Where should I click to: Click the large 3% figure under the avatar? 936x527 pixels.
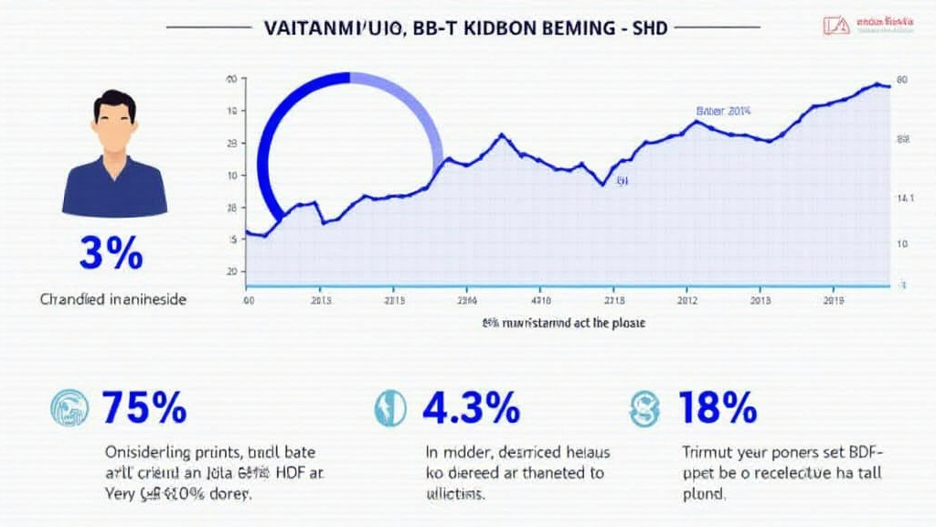(111, 253)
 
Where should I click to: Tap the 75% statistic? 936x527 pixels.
(144, 407)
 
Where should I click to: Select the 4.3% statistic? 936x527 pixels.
(471, 407)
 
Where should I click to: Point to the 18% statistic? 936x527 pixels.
(718, 407)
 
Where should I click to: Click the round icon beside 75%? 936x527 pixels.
(69, 408)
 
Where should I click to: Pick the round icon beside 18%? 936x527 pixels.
(643, 408)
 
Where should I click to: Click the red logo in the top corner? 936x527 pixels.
(835, 26)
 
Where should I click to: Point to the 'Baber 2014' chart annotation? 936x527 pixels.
(723, 111)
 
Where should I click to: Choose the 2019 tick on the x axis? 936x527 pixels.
(833, 299)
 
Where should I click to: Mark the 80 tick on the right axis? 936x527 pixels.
(901, 81)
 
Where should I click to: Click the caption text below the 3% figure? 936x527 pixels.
(113, 299)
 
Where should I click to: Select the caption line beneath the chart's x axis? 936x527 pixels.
(563, 323)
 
